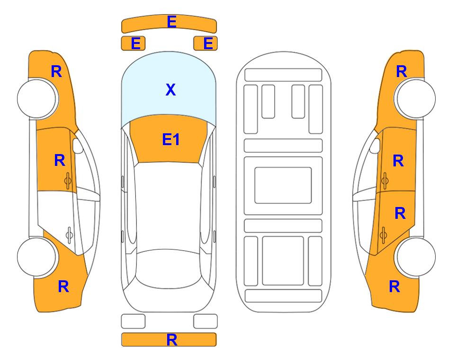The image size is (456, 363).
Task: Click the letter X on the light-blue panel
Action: point(170,89)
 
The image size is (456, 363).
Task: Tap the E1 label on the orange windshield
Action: point(171,139)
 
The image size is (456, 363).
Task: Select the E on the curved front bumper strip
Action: point(171,22)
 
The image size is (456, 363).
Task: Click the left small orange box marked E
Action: point(133,43)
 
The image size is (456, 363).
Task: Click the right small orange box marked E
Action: point(206,43)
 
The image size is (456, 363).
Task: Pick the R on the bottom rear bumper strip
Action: point(171,340)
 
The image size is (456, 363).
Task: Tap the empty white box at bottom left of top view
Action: point(133,321)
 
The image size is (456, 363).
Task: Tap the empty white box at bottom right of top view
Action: point(206,321)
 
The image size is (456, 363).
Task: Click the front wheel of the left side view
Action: point(37,98)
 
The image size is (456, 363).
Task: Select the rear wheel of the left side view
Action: point(37,257)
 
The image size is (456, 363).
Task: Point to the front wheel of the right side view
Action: point(416,98)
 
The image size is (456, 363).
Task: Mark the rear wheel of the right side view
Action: point(416,257)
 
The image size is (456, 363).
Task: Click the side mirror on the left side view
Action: point(78,146)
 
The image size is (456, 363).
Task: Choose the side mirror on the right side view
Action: point(375,146)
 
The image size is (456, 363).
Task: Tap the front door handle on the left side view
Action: point(68,181)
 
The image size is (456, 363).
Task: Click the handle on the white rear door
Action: point(70,234)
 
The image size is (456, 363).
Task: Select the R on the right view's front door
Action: point(398,161)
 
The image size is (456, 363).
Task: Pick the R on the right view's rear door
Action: point(400,213)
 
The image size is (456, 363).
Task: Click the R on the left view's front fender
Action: point(56,71)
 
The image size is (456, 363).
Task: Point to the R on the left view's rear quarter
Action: point(63,286)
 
